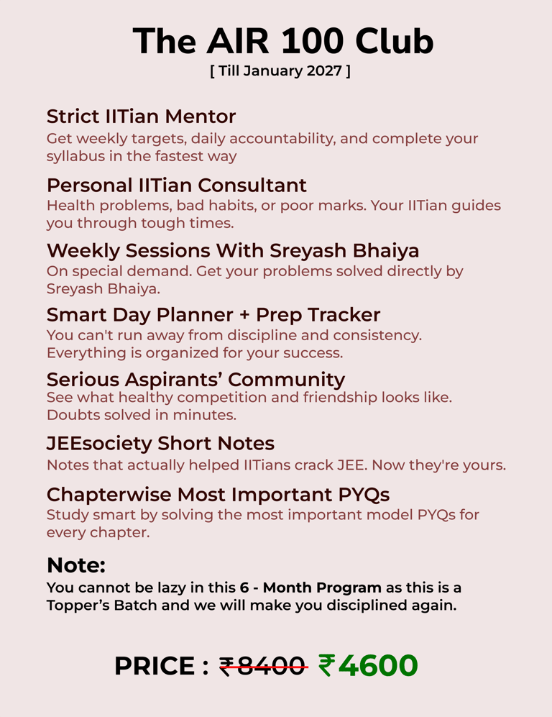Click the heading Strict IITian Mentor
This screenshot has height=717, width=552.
[141, 116]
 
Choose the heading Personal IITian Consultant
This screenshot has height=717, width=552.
[176, 185]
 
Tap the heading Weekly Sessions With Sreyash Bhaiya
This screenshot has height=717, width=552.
[233, 250]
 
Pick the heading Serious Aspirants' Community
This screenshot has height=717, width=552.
[195, 379]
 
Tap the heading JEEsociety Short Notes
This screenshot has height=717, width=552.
[160, 443]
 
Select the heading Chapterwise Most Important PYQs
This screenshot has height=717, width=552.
[218, 494]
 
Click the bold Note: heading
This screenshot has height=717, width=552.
[76, 565]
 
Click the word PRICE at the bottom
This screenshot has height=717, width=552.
[155, 666]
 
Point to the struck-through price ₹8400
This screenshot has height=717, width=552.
[263, 666]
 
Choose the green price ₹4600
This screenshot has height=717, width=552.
[367, 665]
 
